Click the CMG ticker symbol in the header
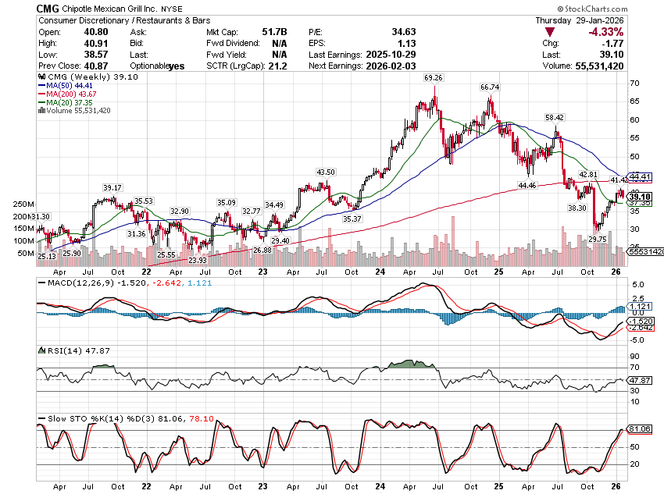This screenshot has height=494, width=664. pyautogui.click(x=49, y=7)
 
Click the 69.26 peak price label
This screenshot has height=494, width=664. pyautogui.click(x=434, y=78)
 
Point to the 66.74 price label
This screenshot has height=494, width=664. pyautogui.click(x=490, y=87)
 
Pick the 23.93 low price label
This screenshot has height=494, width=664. pyautogui.click(x=197, y=260)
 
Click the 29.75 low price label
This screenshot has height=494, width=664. pyautogui.click(x=598, y=239)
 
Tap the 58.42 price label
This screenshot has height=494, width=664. pyautogui.click(x=555, y=117)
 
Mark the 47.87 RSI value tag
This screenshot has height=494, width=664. pyautogui.click(x=640, y=380)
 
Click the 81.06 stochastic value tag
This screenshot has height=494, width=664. pyautogui.click(x=640, y=429)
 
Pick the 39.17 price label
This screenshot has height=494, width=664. pyautogui.click(x=113, y=187)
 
